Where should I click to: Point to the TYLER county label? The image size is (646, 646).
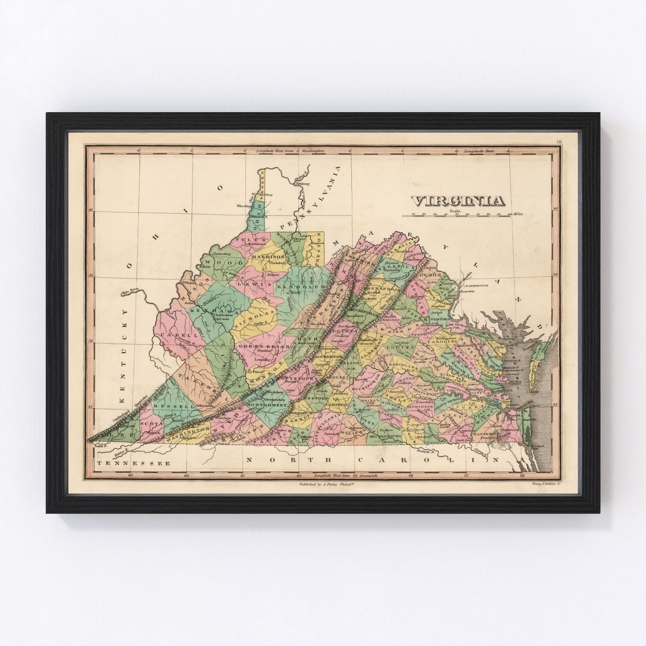[x=245, y=240]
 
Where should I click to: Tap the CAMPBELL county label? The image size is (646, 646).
[x=338, y=404]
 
